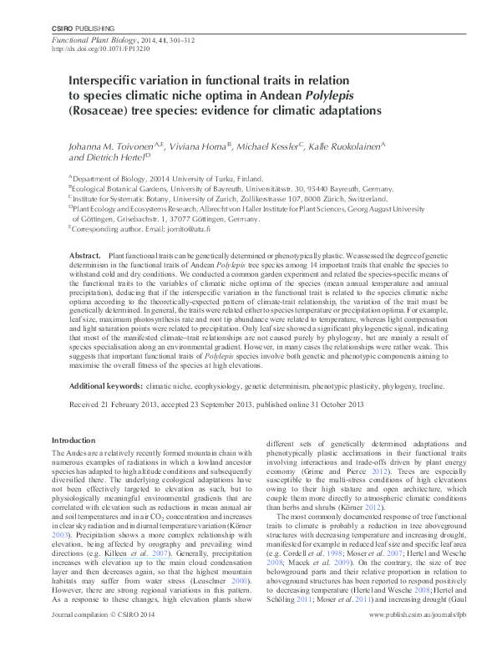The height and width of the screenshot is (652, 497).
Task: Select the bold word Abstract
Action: click(x=84, y=254)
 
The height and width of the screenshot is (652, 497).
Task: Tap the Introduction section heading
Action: click(x=74, y=441)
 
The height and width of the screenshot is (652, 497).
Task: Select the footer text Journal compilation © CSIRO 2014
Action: click(x=104, y=637)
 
